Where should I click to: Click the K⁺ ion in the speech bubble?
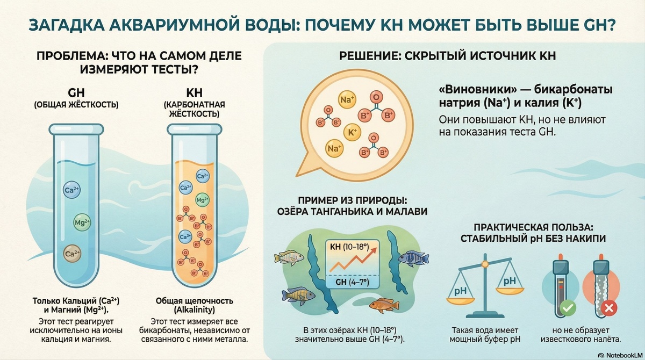(x=353, y=131)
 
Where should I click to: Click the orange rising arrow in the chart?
(x=352, y=262)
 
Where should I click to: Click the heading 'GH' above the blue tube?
(x=77, y=92)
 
